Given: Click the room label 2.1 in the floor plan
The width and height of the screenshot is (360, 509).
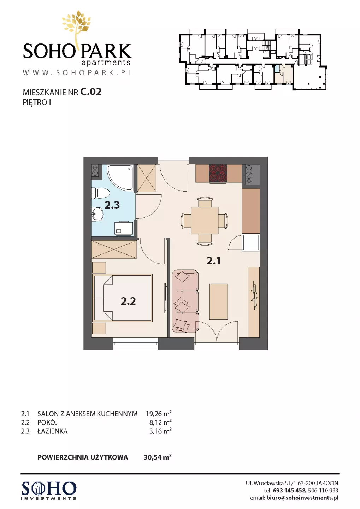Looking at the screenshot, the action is coord(213,261).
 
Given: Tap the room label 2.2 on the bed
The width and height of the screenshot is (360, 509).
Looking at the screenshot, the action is coord(128,301).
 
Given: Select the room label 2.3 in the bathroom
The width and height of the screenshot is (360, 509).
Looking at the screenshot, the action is coord(112,205).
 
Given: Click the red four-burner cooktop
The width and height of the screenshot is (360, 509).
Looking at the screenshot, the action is coord(218,173).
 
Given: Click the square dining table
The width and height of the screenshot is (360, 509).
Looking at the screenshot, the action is coord(205,221).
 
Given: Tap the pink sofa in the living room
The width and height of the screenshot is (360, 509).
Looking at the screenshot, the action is coord(185,301).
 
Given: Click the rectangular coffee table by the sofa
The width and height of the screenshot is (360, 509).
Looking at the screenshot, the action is coord(218,301).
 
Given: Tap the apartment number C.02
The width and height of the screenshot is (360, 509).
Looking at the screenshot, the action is coord(91,92).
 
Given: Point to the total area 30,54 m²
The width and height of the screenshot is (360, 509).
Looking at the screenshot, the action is coord(157,457).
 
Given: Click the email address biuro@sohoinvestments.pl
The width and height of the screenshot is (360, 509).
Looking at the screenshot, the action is coord(302,498).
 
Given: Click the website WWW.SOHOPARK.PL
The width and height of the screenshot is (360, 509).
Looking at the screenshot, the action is coord(77,72).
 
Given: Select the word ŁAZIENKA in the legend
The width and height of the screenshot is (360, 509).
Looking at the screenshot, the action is coord(53,431).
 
